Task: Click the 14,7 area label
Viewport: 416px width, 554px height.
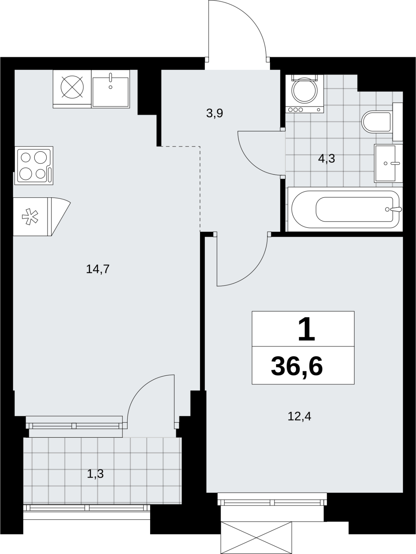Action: click(x=98, y=269)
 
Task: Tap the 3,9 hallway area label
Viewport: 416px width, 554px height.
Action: click(x=215, y=113)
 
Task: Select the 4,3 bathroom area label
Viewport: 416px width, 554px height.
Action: click(x=326, y=159)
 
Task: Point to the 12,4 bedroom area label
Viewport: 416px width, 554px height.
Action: click(x=299, y=416)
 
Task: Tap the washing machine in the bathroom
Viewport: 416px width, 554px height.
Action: click(x=305, y=93)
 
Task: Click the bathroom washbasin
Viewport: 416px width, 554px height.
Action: click(x=389, y=163)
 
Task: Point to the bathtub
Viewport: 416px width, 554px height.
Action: click(x=345, y=209)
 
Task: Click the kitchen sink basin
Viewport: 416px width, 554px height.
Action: click(x=110, y=89)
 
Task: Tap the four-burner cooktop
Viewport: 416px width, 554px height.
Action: click(x=34, y=165)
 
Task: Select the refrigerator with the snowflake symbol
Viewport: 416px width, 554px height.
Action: click(x=42, y=217)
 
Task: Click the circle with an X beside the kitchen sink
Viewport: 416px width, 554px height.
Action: click(x=72, y=87)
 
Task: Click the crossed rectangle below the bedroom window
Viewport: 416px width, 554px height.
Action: click(x=256, y=538)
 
